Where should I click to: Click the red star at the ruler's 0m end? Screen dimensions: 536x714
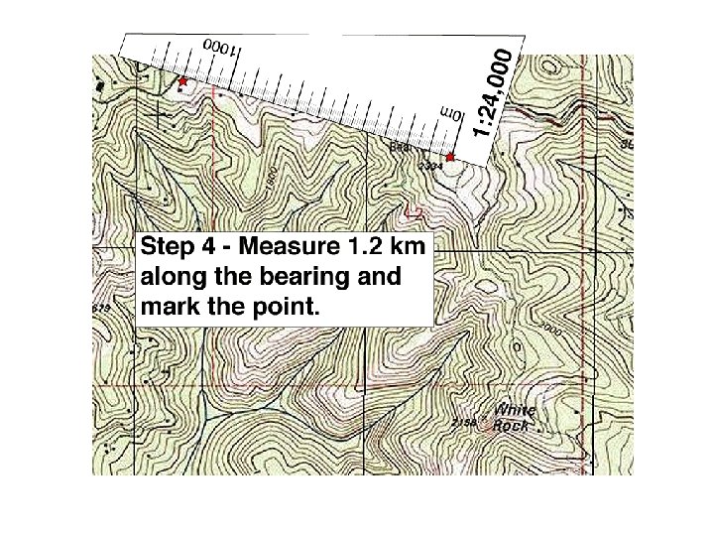coord(450,157)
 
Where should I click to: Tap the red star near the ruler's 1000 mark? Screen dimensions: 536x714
coord(183,80)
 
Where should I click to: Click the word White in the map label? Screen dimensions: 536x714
coord(515,411)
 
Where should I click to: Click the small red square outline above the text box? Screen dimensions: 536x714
coord(416,211)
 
